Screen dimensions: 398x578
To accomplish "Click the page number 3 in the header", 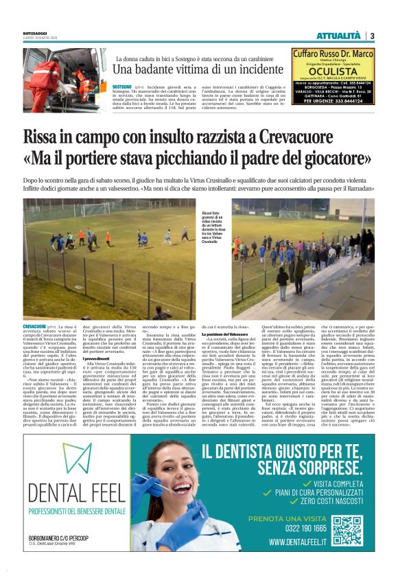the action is coord(371,36).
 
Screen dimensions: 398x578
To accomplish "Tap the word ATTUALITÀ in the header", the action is coord(338,36).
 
